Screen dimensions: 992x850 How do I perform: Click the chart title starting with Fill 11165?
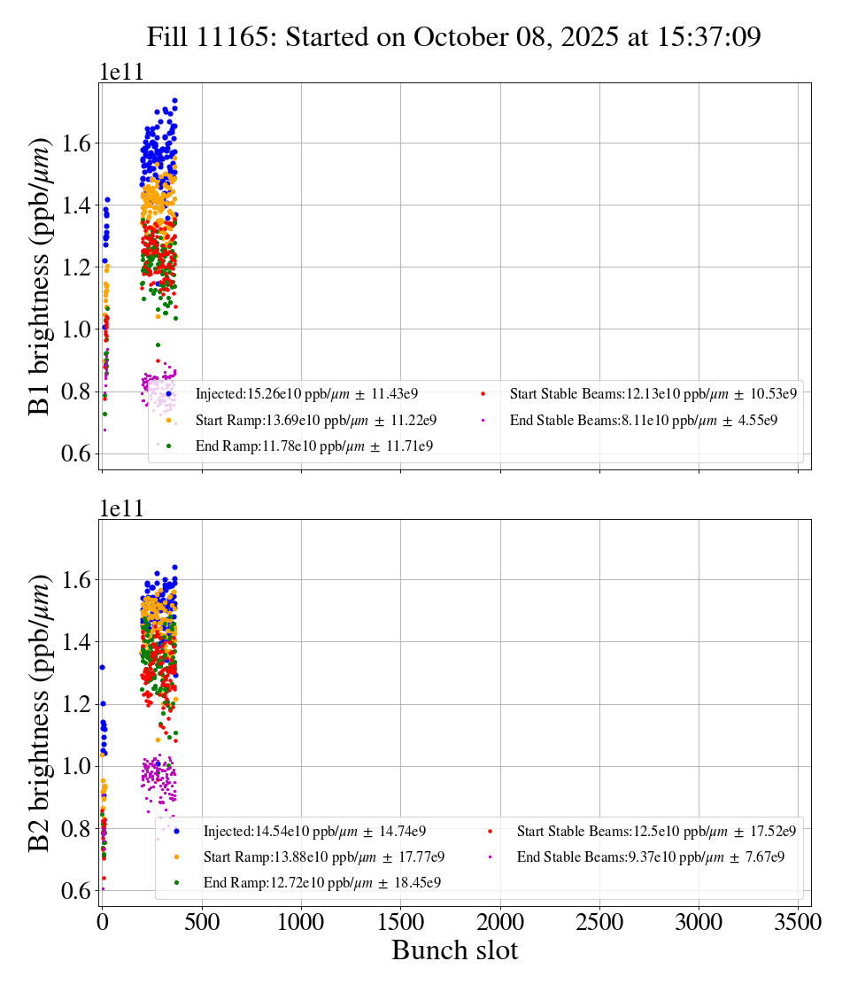coord(454,36)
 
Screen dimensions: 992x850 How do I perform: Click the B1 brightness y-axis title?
coord(40,275)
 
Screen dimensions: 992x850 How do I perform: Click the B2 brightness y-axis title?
coord(40,712)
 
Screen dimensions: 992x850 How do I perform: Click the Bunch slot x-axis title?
coord(454,950)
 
